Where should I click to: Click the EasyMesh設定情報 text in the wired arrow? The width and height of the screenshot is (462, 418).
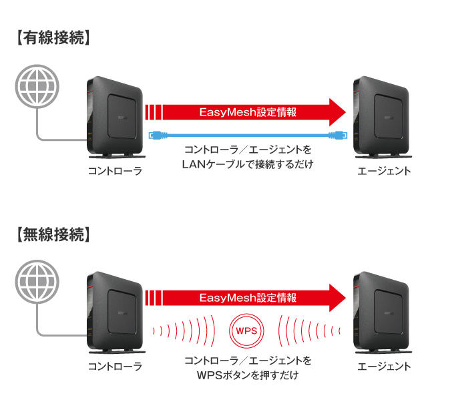click(248, 112)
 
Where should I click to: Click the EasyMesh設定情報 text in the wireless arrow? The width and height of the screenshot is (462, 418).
click(248, 298)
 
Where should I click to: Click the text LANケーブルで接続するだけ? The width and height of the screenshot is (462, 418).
click(248, 164)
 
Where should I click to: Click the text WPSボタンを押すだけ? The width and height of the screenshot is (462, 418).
click(248, 375)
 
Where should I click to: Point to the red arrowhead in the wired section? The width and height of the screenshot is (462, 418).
click(336, 111)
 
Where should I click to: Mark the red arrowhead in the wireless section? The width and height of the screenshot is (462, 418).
click(336, 297)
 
